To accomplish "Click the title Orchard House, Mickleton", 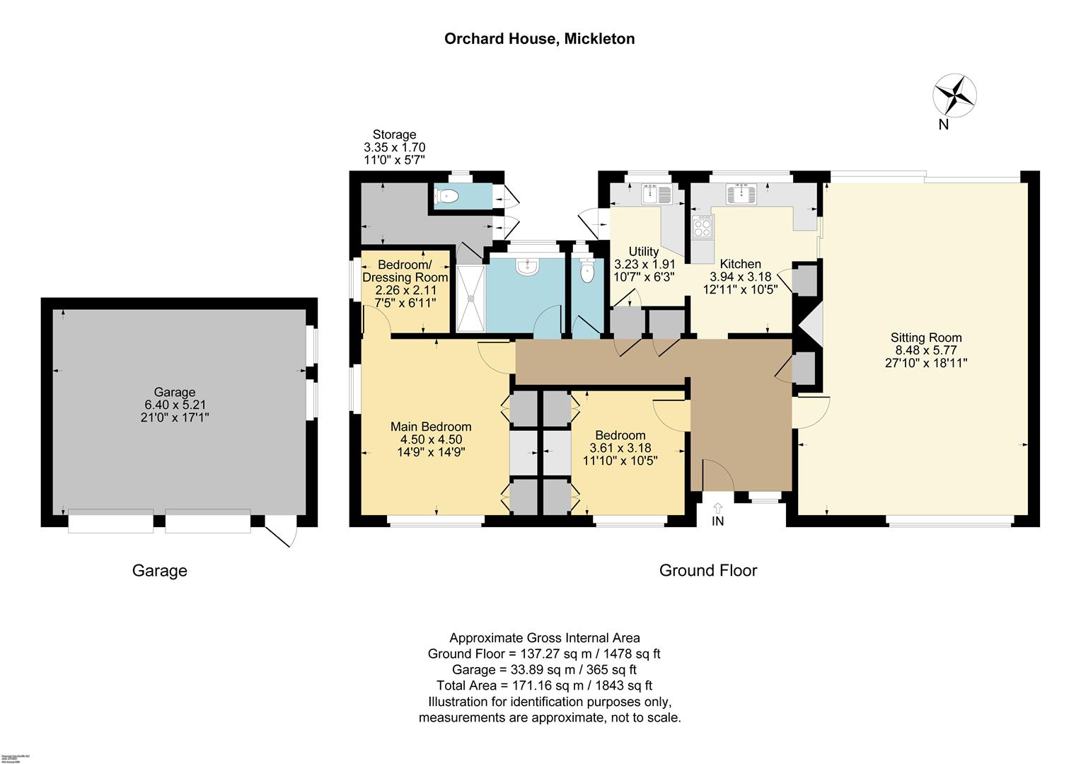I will (539, 39).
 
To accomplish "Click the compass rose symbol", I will (954, 95).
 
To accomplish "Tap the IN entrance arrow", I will (718, 508).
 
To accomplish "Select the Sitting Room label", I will (925, 338).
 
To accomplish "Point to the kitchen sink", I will (740, 193).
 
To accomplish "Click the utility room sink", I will (655, 193).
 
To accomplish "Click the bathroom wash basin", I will (527, 267).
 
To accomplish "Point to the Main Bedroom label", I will (431, 427).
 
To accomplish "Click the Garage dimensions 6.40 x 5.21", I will (175, 405).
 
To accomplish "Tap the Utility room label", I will (644, 252).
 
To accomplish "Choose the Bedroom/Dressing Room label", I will (405, 272).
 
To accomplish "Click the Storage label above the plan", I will (394, 134).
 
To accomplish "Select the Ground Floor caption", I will (707, 570).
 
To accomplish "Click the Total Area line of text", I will (543, 685).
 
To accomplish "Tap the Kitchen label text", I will (740, 264).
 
